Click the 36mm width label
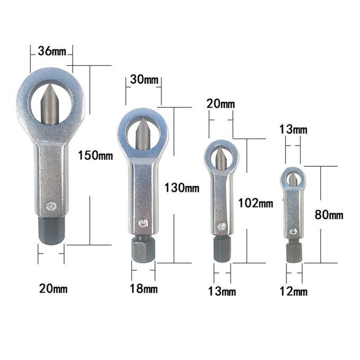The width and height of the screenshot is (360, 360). pyautogui.click(x=52, y=51)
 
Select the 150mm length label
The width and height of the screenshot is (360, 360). pyautogui.click(x=95, y=155)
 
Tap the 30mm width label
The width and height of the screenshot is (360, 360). pyautogui.click(x=144, y=79)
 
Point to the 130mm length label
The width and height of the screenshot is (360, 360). pyautogui.click(x=182, y=187)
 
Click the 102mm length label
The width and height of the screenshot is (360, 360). pyautogui.click(x=256, y=203)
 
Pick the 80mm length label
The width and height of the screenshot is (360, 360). pyautogui.click(x=329, y=215)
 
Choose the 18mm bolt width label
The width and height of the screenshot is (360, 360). pyautogui.click(x=143, y=289)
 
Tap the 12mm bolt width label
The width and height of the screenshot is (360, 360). pyautogui.click(x=293, y=292)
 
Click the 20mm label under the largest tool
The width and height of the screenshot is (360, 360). pyautogui.click(x=53, y=289)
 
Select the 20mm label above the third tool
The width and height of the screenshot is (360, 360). pyautogui.click(x=221, y=104)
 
